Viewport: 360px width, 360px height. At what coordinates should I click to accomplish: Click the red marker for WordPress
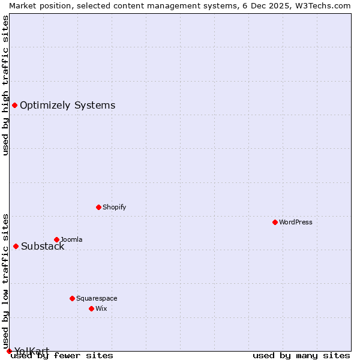point(275,222)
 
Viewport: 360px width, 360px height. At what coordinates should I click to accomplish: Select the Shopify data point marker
point(98,207)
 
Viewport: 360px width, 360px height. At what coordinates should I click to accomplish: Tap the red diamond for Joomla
point(56,239)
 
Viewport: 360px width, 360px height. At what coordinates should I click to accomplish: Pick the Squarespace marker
point(72,298)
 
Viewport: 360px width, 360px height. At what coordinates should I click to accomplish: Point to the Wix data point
point(91,308)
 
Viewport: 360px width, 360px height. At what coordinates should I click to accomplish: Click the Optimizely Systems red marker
point(14,106)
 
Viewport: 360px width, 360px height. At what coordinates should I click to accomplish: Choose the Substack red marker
point(16,246)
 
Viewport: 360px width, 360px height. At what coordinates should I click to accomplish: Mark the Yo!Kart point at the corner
point(9,351)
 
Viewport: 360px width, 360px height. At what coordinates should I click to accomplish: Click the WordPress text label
point(296,222)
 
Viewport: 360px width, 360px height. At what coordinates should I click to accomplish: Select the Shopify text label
point(114,207)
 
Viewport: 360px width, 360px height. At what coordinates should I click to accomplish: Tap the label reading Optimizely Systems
point(67,106)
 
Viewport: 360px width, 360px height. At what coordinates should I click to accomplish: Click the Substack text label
point(43,246)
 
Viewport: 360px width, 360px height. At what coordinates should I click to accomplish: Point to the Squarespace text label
point(97,298)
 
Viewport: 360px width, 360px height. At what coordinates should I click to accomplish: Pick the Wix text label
point(101,308)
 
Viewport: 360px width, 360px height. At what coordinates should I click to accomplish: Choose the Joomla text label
point(71,239)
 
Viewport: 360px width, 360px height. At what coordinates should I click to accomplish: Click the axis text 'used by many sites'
point(301,355)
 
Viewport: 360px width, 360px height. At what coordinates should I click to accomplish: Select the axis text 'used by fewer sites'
point(62,355)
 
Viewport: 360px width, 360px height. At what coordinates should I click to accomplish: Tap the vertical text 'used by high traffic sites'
point(5,85)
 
